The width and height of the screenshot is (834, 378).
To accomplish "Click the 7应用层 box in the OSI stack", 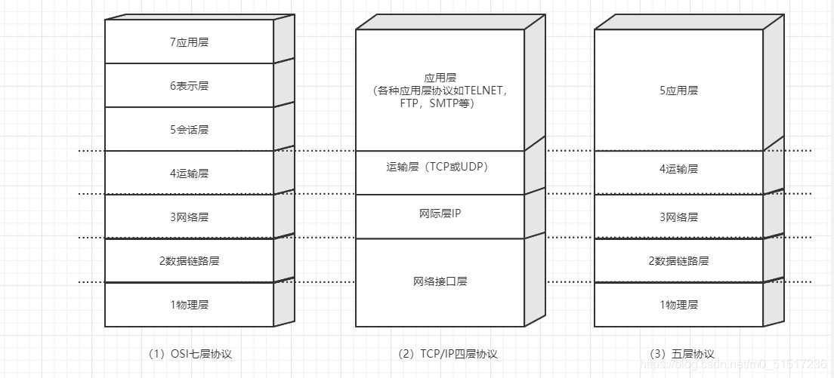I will [x=189, y=42].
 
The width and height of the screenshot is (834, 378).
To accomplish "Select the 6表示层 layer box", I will [x=189, y=86].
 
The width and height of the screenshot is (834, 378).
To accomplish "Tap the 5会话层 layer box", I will [x=189, y=130].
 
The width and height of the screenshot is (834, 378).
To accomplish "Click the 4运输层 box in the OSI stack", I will [x=189, y=174].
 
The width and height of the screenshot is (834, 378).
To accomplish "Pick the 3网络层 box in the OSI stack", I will [x=189, y=217].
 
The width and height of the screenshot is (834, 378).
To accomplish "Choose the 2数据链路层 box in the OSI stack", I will [x=189, y=261].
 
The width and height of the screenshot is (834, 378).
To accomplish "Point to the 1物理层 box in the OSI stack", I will [x=189, y=305].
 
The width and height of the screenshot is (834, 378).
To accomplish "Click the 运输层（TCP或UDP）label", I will [x=440, y=167].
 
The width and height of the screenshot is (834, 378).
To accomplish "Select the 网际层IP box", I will [x=440, y=214].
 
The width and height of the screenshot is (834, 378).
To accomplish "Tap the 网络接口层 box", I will [x=440, y=281].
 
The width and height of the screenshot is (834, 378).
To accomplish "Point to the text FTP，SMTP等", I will [x=437, y=103].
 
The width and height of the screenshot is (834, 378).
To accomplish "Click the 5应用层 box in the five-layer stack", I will [x=678, y=91].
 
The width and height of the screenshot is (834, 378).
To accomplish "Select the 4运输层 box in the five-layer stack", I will [x=678, y=169].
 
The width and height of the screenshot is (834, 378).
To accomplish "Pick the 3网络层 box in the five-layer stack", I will [x=678, y=217].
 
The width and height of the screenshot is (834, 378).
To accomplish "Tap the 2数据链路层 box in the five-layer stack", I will [x=678, y=261].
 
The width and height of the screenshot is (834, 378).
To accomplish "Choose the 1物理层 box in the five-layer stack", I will [x=678, y=305].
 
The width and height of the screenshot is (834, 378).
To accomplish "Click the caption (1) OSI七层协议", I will [x=190, y=353].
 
